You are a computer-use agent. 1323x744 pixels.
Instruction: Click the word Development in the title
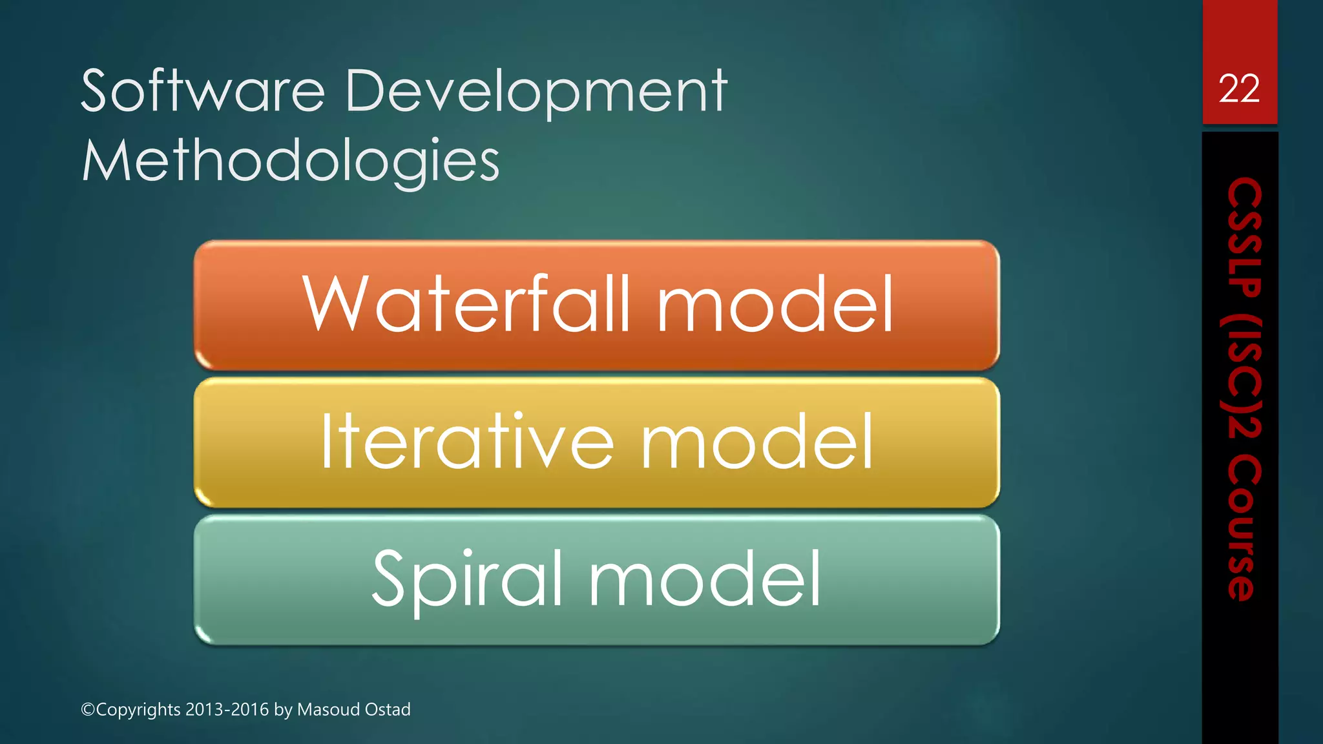[x=536, y=91]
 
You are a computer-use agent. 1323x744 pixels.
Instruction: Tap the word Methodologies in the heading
[x=291, y=161]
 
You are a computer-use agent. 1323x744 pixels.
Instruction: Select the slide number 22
[x=1239, y=88]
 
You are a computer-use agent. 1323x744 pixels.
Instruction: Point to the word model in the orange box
[x=775, y=304]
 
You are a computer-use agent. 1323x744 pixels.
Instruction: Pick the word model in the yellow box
[x=757, y=442]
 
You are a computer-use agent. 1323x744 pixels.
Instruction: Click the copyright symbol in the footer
[x=88, y=710]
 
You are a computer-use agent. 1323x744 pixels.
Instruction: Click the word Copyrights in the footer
[x=138, y=710]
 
